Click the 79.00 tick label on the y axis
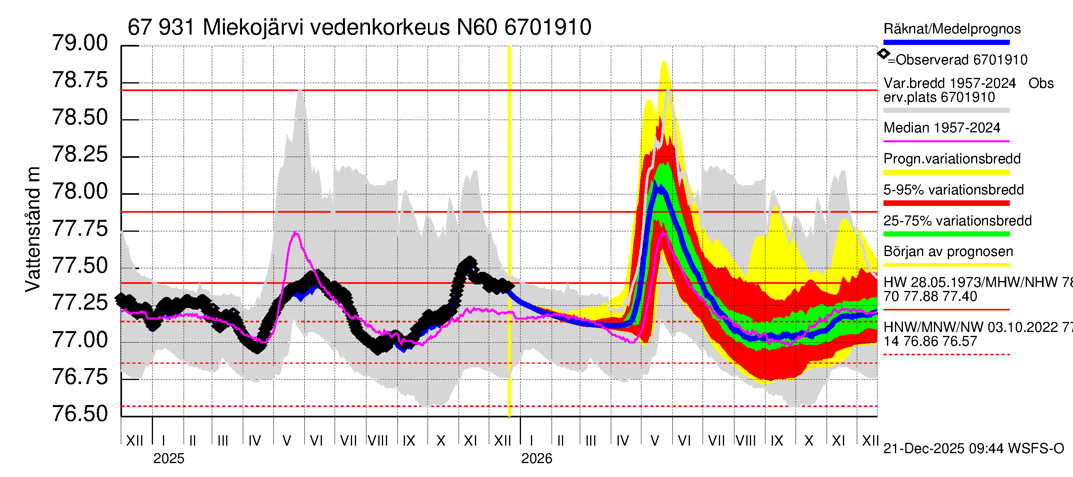(x=79, y=43)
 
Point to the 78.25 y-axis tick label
(x=79, y=155)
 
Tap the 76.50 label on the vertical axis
(x=79, y=414)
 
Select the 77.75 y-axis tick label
(x=79, y=229)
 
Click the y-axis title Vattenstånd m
(x=33, y=229)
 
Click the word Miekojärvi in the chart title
(x=253, y=27)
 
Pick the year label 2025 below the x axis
(x=169, y=459)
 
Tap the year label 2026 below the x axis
(x=536, y=459)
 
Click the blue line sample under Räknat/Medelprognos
(x=946, y=43)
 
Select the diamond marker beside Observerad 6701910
(x=883, y=54)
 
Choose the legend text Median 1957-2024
(x=941, y=128)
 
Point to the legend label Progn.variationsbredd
(x=952, y=159)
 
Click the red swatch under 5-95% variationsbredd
(x=946, y=203)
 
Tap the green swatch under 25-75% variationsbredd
(x=946, y=234)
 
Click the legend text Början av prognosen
(x=948, y=252)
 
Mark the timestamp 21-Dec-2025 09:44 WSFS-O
(x=973, y=449)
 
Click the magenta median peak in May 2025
(x=295, y=233)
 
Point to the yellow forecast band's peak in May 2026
(x=664, y=62)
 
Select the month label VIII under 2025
(x=378, y=441)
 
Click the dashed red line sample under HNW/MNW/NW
(x=946, y=355)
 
